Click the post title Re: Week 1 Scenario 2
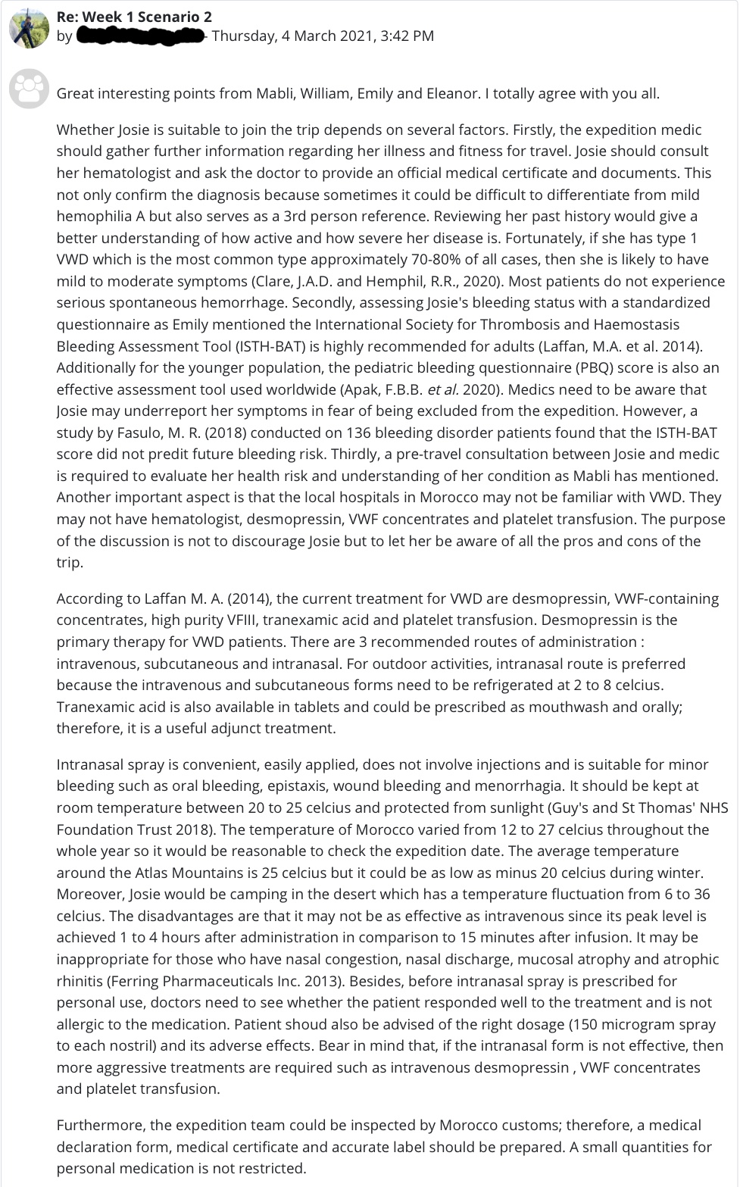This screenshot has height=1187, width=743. point(134,16)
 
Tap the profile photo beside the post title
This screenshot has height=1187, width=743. point(29,28)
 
